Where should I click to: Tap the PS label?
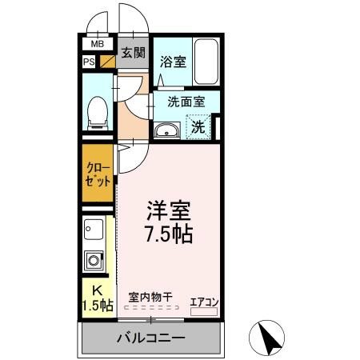tap(89, 61)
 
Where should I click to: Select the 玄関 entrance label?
tap(133, 54)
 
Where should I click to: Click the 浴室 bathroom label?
tap(173, 61)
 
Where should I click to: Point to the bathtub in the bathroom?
tap(206, 62)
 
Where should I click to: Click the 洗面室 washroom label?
tap(186, 102)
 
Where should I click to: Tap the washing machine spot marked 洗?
tap(198, 126)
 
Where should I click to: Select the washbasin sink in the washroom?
tap(167, 130)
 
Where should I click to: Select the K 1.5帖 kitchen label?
tap(98, 297)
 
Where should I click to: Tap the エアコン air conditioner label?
tap(204, 301)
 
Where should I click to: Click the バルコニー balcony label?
tap(152, 338)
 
